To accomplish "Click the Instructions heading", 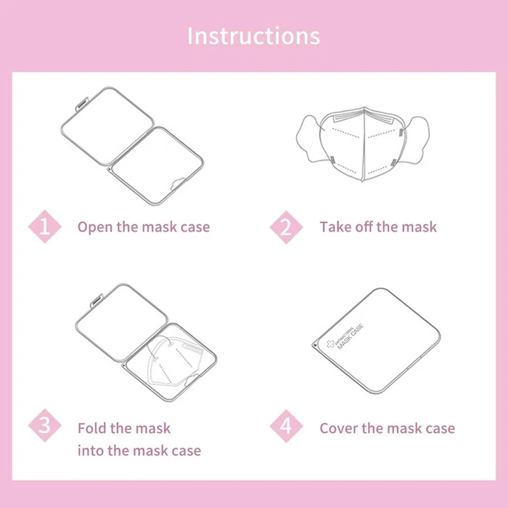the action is tap(254, 36).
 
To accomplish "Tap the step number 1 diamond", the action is tap(45, 226).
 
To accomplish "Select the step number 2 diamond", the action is tap(286, 227).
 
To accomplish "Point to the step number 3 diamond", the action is tap(45, 425).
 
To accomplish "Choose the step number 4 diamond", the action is tap(286, 426).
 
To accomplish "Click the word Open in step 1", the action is tap(95, 227).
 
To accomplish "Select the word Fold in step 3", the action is tap(91, 428).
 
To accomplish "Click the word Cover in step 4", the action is tap(338, 428).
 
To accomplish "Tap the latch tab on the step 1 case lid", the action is tap(81, 103).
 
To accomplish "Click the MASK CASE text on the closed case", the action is tap(351, 337).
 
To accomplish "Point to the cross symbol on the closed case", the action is tap(330, 344).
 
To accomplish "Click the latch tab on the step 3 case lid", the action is tap(97, 300).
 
